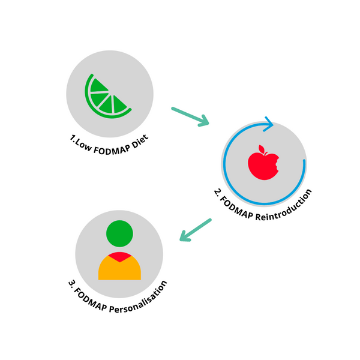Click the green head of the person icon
click(x=119, y=234)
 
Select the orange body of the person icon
click(x=119, y=270)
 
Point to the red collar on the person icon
click(x=119, y=257)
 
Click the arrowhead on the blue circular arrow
click(x=268, y=125)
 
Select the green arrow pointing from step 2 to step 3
click(x=196, y=230)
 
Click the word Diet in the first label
click(x=139, y=138)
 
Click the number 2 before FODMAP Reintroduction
click(x=217, y=193)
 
